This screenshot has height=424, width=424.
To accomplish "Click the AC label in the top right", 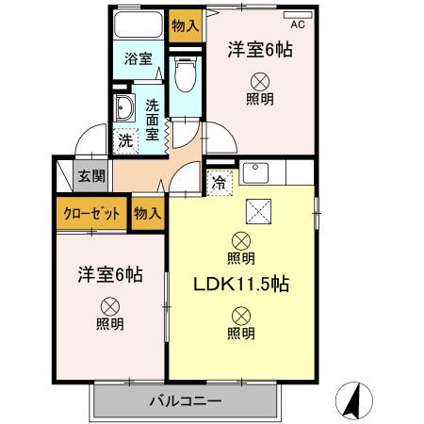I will (x=298, y=24).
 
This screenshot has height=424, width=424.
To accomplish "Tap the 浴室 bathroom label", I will (x=139, y=59).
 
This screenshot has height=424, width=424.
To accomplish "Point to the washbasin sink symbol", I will (x=123, y=109).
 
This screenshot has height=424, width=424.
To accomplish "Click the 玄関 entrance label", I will (x=91, y=175).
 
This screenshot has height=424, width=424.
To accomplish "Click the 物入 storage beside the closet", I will (x=147, y=214).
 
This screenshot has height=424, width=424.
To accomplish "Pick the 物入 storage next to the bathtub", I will (x=185, y=25).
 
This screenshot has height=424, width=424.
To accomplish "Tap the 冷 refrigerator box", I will (x=219, y=183).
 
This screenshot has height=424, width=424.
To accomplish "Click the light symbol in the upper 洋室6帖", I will (x=259, y=83).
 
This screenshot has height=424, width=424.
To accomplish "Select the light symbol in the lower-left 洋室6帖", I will (x=109, y=305).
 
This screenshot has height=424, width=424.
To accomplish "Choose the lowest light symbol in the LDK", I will (x=241, y=315).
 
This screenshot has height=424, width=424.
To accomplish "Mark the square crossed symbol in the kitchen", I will (x=256, y=209).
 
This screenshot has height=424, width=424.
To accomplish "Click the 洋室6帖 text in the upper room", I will (x=259, y=52).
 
